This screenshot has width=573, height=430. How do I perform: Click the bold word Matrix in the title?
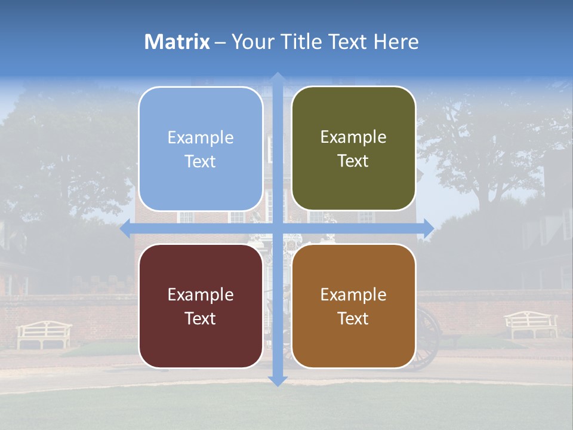pyautogui.click(x=177, y=42)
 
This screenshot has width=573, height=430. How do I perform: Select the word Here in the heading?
pyautogui.click(x=396, y=42)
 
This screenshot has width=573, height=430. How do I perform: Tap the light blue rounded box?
pyautogui.click(x=201, y=149)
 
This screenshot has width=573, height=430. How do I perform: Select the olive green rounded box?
pyautogui.click(x=353, y=148)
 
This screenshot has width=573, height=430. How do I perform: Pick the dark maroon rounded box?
pyautogui.click(x=201, y=306)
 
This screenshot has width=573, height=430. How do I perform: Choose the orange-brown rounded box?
pyautogui.click(x=353, y=306)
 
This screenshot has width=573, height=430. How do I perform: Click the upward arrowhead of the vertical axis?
pyautogui.click(x=277, y=77)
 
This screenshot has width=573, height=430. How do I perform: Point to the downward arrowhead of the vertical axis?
pyautogui.click(x=277, y=380)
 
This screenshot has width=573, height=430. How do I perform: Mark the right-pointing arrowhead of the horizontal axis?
pyautogui.click(x=429, y=229)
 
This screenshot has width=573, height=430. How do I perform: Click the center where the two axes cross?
pyautogui.click(x=277, y=229)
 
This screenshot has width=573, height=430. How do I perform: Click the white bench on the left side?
pyautogui.click(x=44, y=334)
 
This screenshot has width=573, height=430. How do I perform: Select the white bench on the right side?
pyautogui.click(x=531, y=324)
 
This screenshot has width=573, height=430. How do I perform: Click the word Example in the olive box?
pyautogui.click(x=353, y=137)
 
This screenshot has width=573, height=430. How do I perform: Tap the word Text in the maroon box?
pyautogui.click(x=201, y=318)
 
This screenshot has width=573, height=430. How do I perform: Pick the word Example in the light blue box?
pyautogui.click(x=201, y=137)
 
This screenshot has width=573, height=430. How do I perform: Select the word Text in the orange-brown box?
pyautogui.click(x=353, y=318)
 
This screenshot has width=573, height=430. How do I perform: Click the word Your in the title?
pyautogui.click(x=252, y=42)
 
